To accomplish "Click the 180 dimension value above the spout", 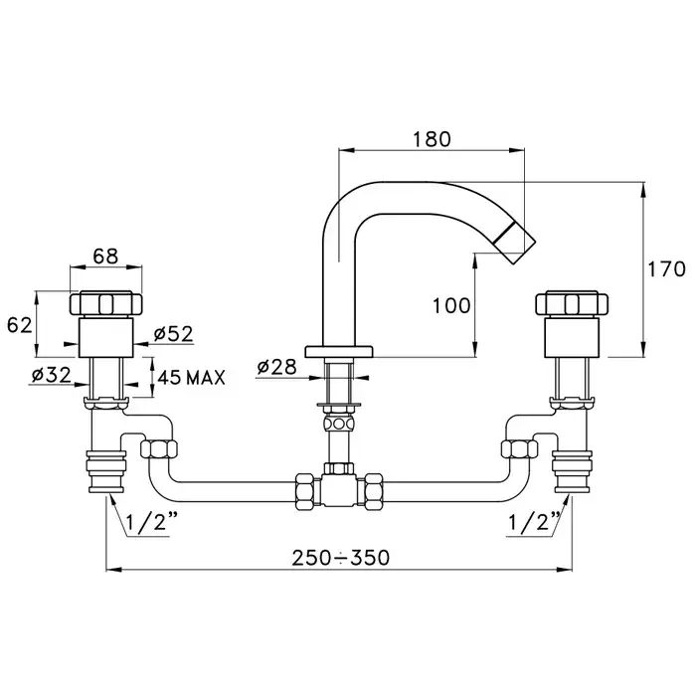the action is coord(432,139).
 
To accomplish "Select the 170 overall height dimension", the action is coord(667,269).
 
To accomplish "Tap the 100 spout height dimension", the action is coord(451,306).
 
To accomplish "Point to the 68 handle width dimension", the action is coord(106,257).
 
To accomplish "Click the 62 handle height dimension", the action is coord(20,325).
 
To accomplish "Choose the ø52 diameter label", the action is coord(174,334).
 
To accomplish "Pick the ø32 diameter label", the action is coord(52,376).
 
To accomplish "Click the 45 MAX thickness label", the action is coord(192,378).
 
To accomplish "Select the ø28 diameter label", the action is coord(277,367).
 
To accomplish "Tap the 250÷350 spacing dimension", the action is coord(341,558).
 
